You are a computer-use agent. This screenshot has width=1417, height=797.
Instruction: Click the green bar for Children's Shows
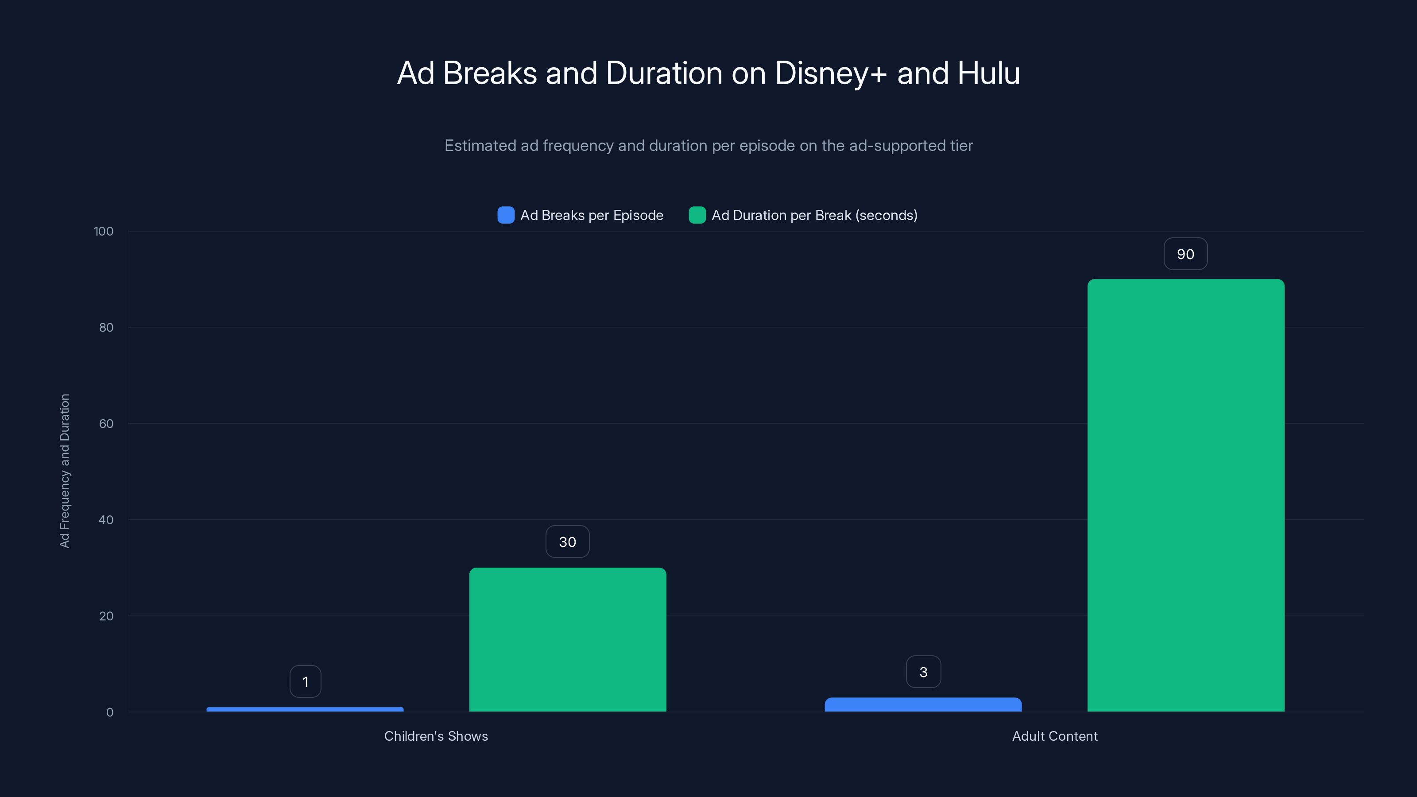[x=567, y=640]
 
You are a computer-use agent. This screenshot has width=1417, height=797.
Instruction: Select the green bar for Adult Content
[x=1185, y=495]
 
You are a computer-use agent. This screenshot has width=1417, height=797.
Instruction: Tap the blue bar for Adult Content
[x=923, y=704]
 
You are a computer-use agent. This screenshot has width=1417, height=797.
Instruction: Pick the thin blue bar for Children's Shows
[x=305, y=709]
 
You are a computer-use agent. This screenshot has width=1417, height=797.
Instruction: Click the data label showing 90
[x=1185, y=254]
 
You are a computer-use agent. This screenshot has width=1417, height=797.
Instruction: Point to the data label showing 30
[x=567, y=542]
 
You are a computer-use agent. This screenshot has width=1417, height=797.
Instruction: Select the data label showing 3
[x=923, y=672]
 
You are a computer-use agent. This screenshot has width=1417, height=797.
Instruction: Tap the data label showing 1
[x=305, y=681]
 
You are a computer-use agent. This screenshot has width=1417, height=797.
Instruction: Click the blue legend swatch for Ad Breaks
[x=506, y=215]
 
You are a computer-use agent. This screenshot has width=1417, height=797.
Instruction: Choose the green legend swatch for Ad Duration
[x=697, y=215]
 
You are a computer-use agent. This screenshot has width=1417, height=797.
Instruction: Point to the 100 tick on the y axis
[x=104, y=231]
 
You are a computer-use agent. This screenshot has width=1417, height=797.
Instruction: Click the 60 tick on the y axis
[x=106, y=424]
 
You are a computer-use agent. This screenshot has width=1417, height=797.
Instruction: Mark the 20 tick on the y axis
[x=106, y=616]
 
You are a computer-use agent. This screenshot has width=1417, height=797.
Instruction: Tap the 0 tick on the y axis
[x=109, y=712]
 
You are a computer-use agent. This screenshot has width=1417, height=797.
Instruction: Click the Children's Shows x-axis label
[x=436, y=736]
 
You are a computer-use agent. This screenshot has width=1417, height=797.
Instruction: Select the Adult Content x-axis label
[x=1054, y=736]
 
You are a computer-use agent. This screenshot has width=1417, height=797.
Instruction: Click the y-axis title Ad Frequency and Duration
[x=64, y=471]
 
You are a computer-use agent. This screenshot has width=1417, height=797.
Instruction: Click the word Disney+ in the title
[x=831, y=73]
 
